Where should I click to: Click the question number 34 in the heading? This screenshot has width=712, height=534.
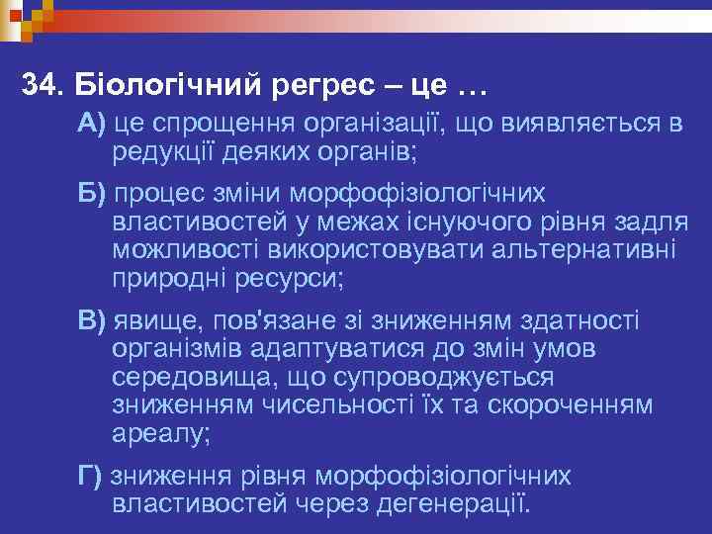pyautogui.click(x=41, y=85)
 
